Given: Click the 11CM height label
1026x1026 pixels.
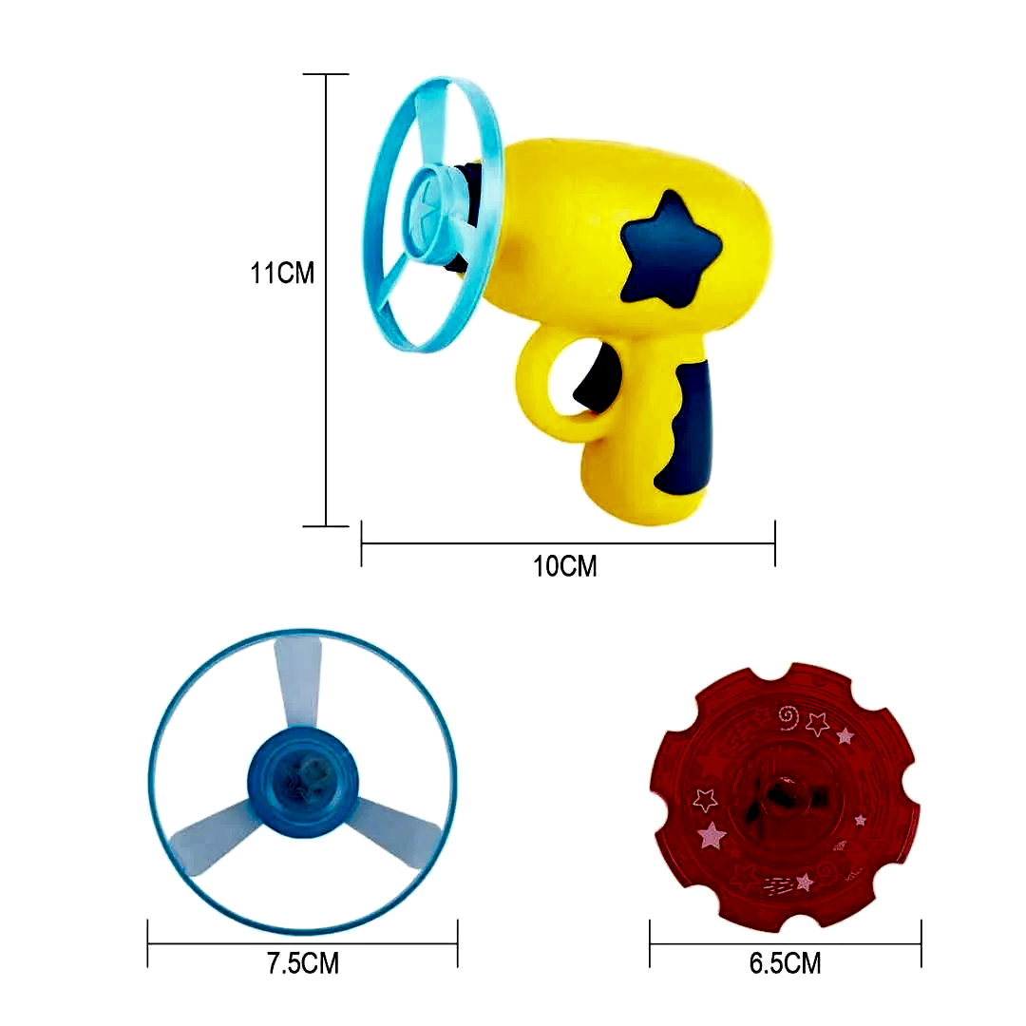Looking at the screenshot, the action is [x=282, y=273].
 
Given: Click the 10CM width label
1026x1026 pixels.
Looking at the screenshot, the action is [x=564, y=566].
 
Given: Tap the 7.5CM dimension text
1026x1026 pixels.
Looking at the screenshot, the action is [x=303, y=963].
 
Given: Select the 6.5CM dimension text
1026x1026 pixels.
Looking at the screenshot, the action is [x=786, y=963].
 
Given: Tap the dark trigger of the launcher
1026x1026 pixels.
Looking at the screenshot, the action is [x=597, y=379].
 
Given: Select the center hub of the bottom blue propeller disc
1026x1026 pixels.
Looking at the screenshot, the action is [x=303, y=783].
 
